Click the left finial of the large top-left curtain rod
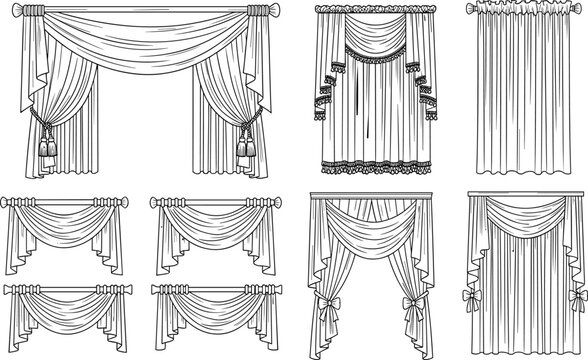click(x=12, y=15)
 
